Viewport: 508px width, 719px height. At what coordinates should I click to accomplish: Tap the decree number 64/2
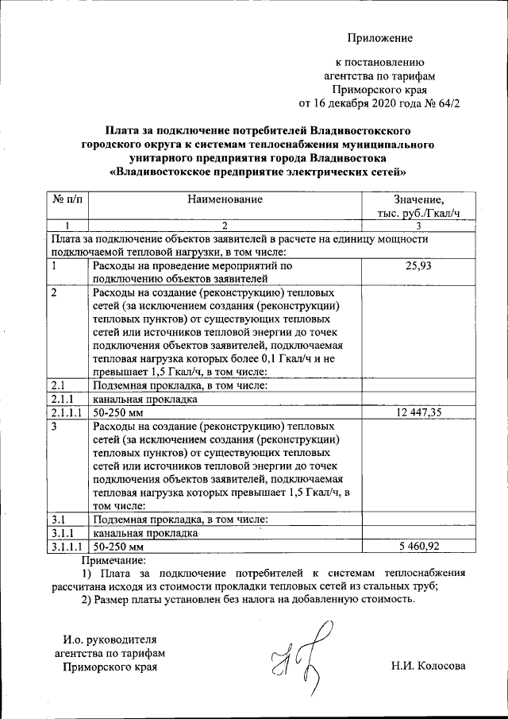448,103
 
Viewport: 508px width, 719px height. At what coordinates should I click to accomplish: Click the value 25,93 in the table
418,266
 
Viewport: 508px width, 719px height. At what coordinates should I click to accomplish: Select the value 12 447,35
418,412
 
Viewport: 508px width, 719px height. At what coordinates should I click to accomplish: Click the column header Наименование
225,199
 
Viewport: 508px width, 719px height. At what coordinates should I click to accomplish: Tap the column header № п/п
66,199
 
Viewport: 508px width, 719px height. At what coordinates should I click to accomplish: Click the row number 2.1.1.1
67,412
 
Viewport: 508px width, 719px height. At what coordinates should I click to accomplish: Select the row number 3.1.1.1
67,547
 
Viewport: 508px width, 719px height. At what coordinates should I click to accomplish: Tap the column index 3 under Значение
418,226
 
